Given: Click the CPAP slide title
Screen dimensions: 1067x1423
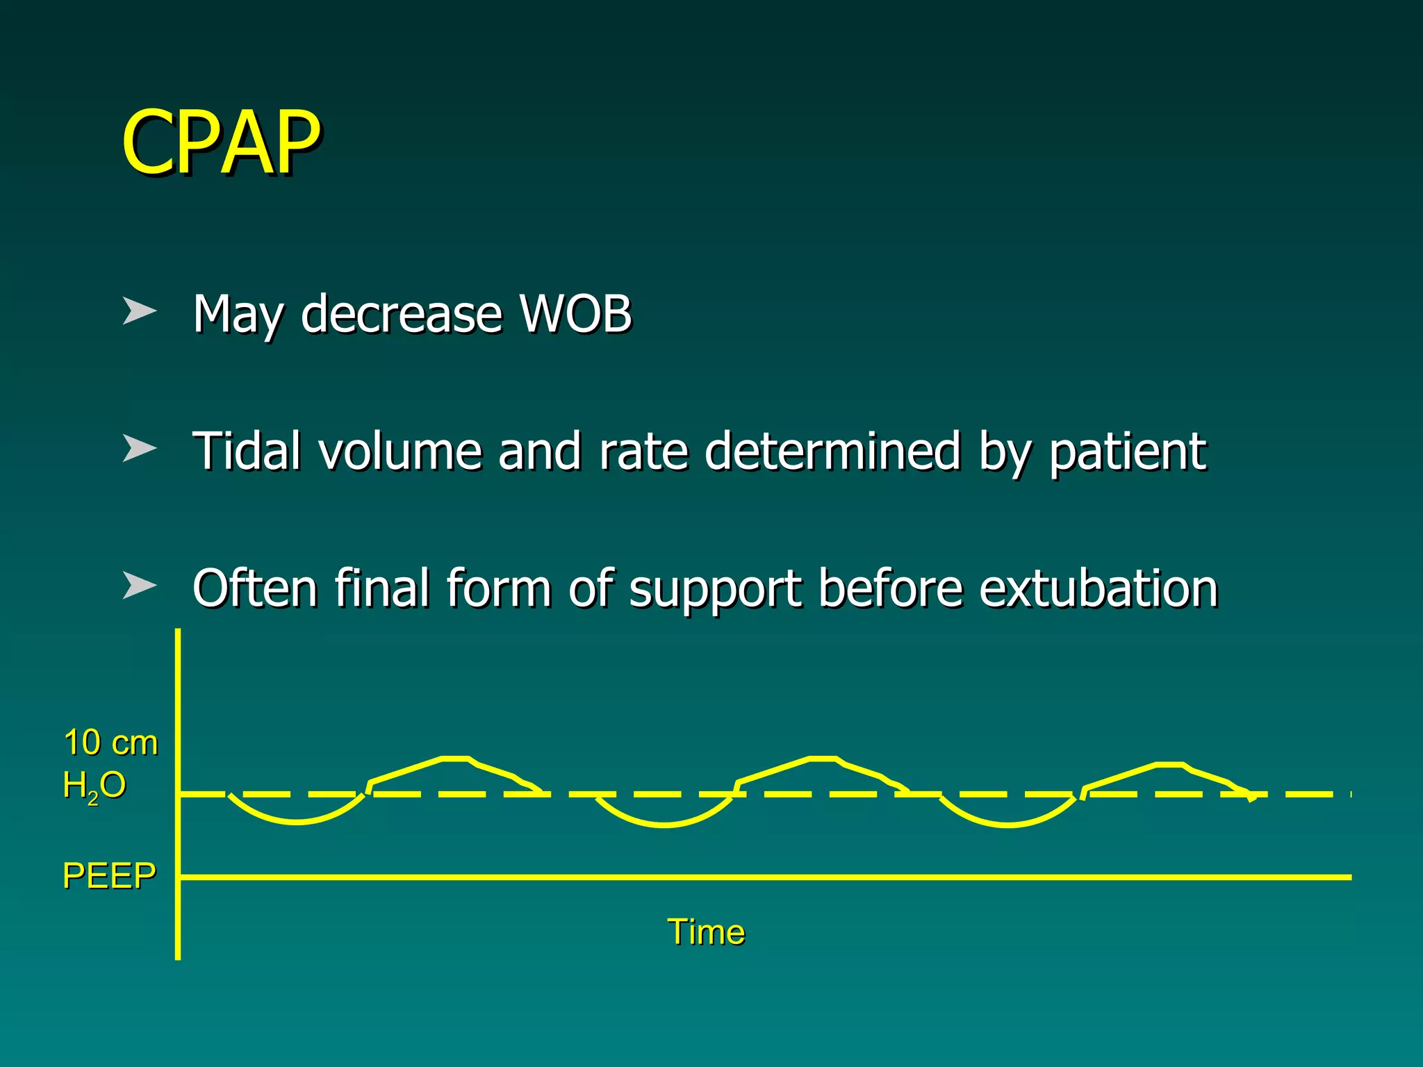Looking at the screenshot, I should point(221,142).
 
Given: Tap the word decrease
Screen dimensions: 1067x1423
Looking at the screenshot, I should point(401,314).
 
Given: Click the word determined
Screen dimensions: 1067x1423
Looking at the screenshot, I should point(832,451).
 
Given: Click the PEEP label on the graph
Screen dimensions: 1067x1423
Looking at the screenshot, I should point(109,875).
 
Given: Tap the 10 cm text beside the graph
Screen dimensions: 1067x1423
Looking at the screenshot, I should point(110,743).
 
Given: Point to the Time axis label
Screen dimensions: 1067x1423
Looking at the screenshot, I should point(705,932).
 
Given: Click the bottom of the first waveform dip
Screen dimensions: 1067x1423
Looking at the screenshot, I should point(297,822).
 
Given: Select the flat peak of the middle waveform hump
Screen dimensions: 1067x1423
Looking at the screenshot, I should point(823,758).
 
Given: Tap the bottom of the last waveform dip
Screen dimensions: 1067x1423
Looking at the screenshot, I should point(1009,825).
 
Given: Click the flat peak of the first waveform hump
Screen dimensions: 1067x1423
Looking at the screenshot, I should point(456,758).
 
